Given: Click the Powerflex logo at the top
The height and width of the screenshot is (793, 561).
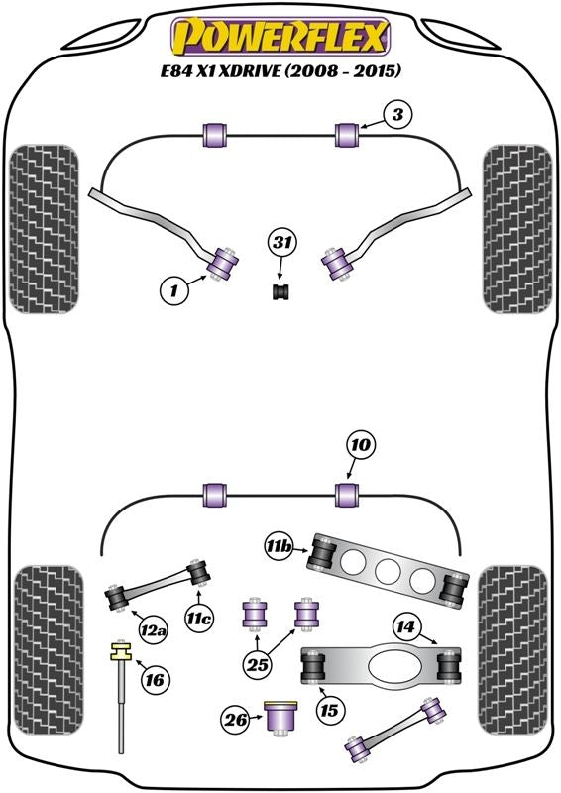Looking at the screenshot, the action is pos(280,36).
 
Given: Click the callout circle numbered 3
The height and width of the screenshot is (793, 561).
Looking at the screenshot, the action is pos(397,115).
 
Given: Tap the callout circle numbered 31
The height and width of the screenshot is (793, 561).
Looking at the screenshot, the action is pos(282,243).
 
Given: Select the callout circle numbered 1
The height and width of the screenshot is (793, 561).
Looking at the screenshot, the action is pos(174,290).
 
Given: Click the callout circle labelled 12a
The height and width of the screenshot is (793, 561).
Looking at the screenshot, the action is pos(153,629).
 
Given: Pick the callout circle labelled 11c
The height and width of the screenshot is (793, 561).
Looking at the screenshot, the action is pos(199,618).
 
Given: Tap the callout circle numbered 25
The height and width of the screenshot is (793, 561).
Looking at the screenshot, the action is pos(258,664).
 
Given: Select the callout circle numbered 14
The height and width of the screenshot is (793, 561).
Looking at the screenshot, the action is pos(405,627).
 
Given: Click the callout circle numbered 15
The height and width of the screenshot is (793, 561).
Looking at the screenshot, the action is pos(329,710).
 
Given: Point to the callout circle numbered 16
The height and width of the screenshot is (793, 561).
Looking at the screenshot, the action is pos(155,680).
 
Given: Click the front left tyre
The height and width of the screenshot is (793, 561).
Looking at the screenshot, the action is pos(44,229).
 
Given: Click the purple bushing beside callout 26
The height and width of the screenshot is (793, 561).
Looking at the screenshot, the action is pos(280,718).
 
